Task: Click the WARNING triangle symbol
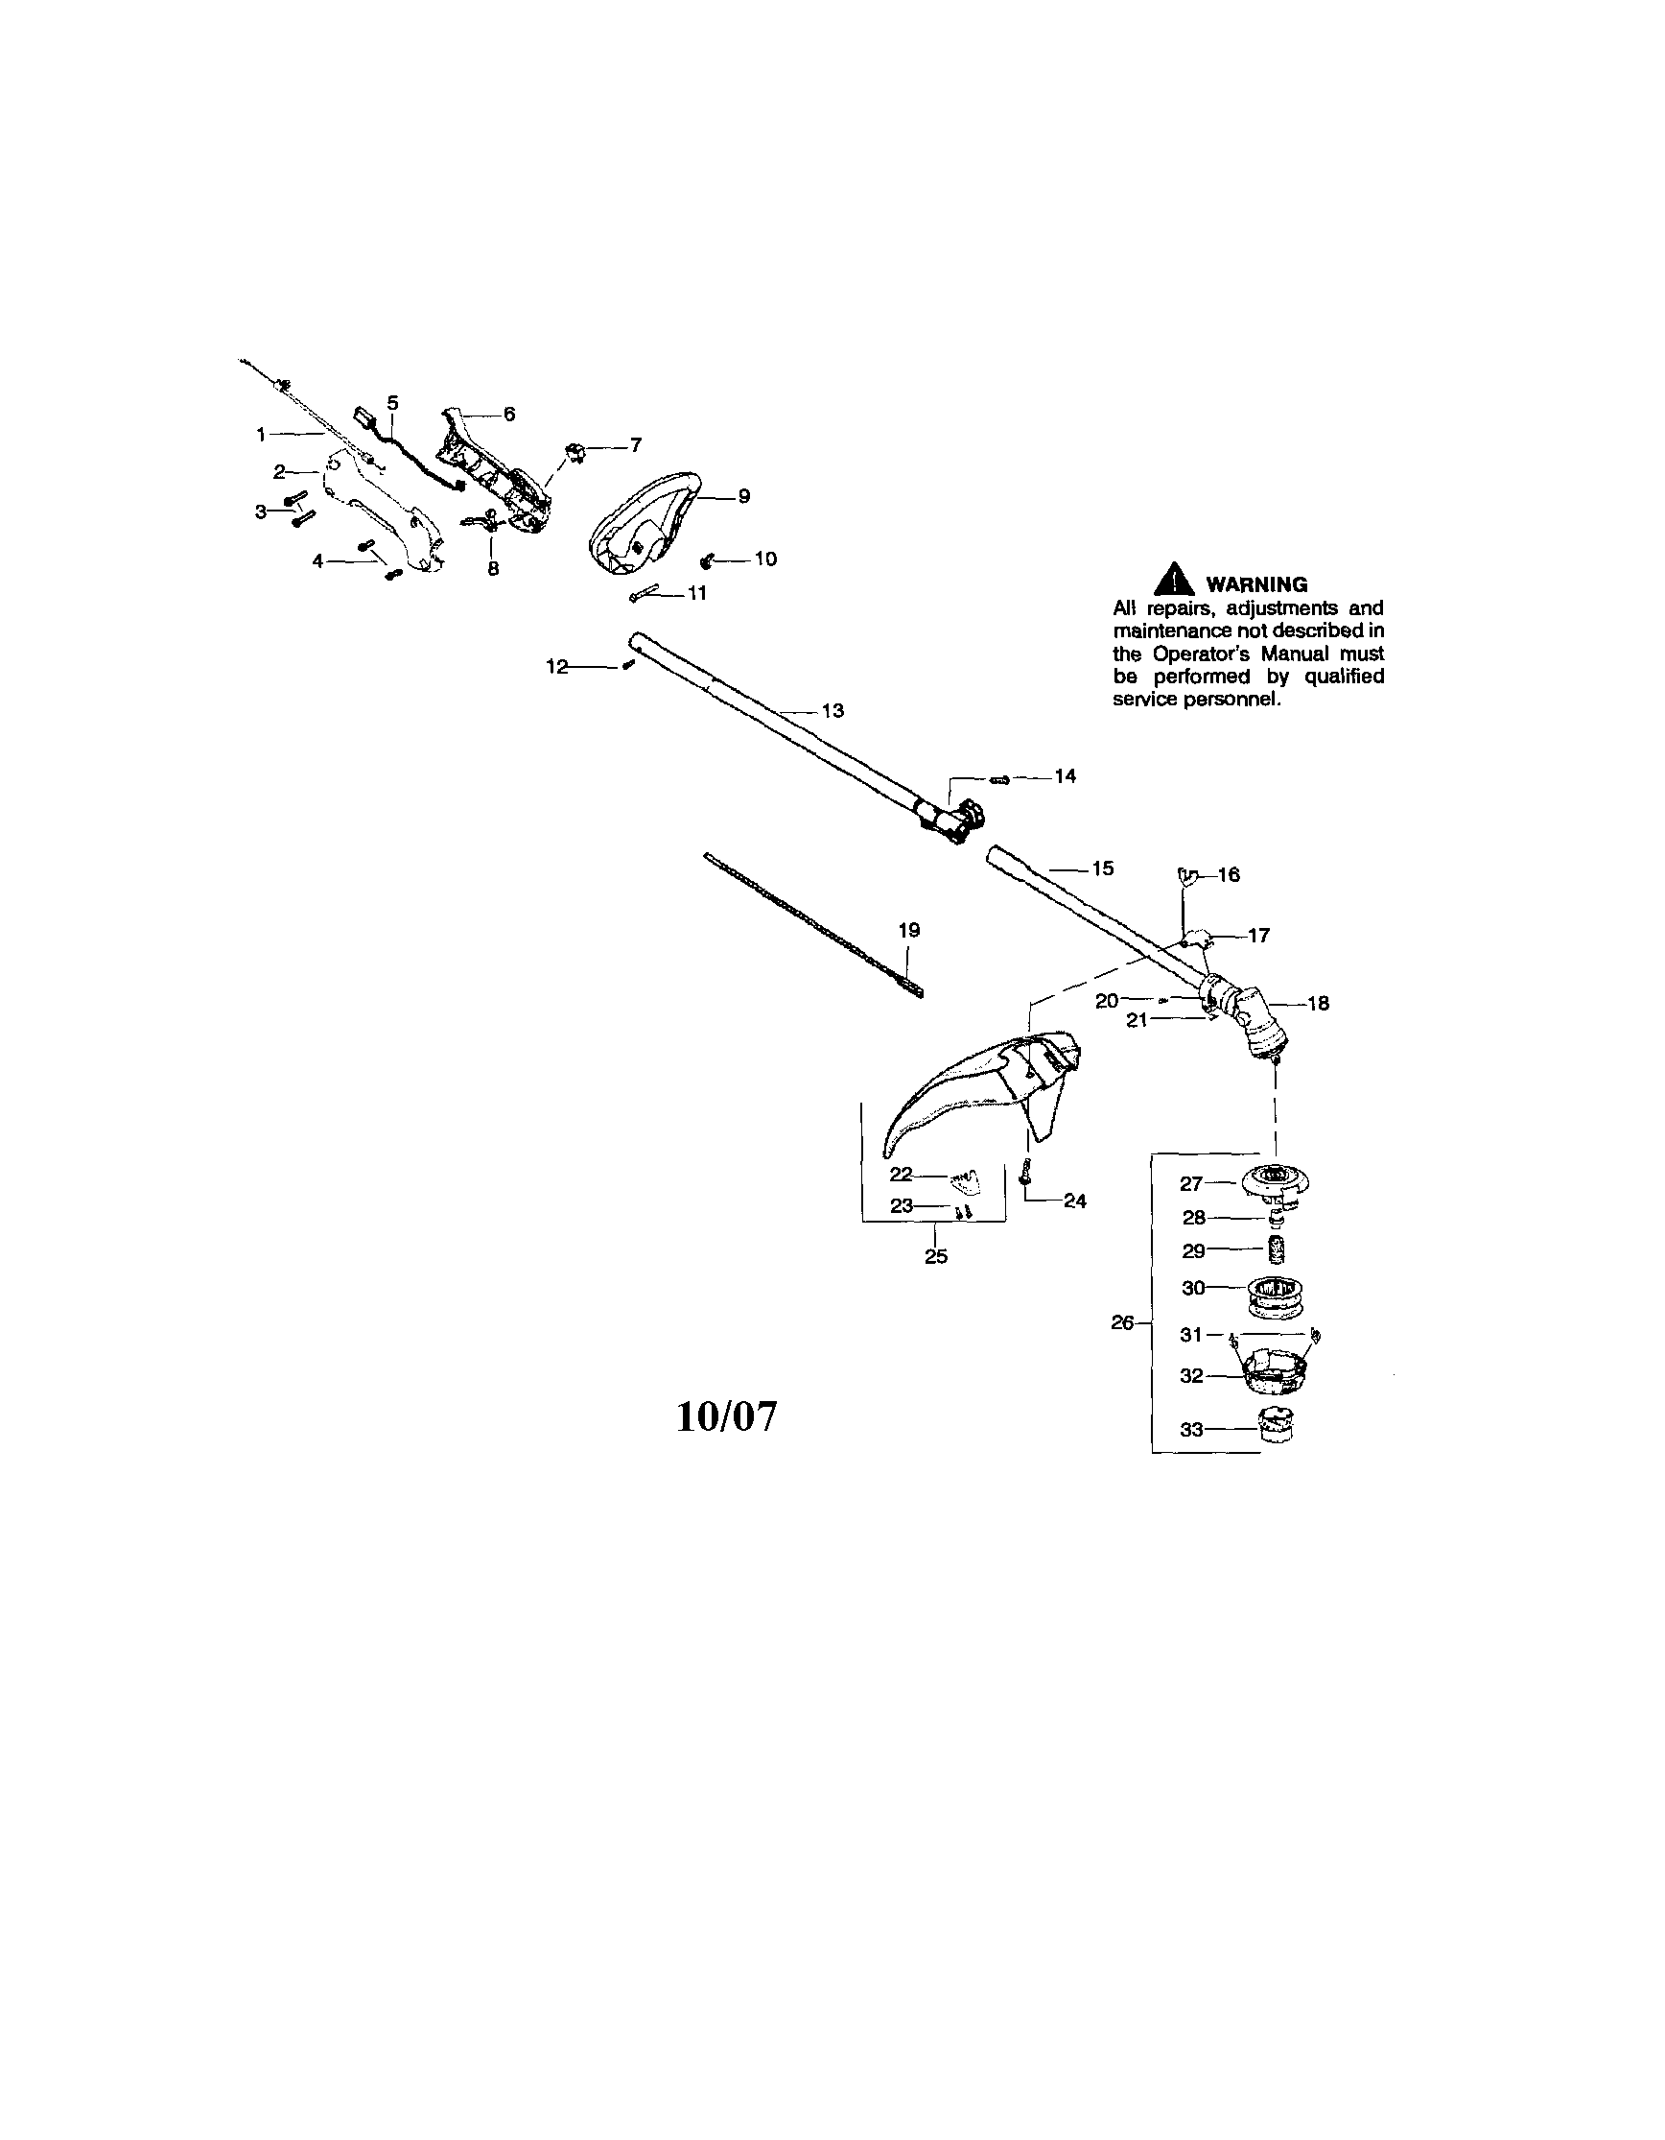(1173, 580)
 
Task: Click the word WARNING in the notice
(1256, 584)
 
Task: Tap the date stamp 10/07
(727, 1416)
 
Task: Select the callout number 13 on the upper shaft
(832, 710)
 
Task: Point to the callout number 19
(909, 930)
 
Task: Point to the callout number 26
(1122, 1322)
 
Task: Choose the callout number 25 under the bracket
(936, 1256)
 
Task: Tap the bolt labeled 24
(1024, 1171)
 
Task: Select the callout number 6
(509, 415)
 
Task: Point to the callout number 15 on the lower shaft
(1103, 868)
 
